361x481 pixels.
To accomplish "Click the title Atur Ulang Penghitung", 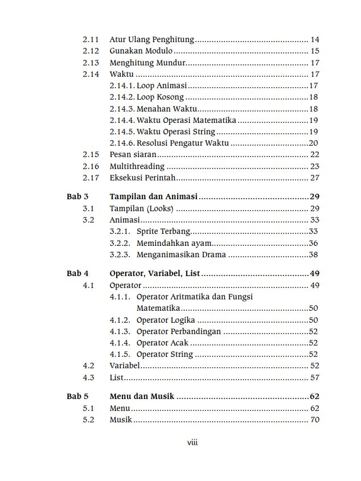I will coord(151,40).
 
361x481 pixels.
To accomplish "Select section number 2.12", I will coord(91,51).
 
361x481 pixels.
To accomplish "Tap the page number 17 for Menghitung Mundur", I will coord(315,63).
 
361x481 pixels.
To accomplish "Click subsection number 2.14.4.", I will coord(122,120).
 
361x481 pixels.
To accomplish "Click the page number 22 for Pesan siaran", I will coord(315,155).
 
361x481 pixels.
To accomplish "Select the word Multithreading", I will coord(137,166).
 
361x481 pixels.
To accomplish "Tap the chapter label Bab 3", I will coord(77,196).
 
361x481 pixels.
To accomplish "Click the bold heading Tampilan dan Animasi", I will coord(153,196).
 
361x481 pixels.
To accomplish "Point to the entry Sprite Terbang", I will coord(163,232).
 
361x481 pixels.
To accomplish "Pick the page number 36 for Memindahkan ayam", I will coord(313,243).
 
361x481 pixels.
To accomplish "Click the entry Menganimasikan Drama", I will coord(181,254).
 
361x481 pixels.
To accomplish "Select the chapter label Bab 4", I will coord(77,273).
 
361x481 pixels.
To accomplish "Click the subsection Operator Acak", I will coord(162,343).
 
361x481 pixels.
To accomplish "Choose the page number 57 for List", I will coord(315,377).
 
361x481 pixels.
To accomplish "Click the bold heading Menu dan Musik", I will coord(142,396).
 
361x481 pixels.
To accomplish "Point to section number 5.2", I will coord(88,420).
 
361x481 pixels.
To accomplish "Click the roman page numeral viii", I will coord(192,443).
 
